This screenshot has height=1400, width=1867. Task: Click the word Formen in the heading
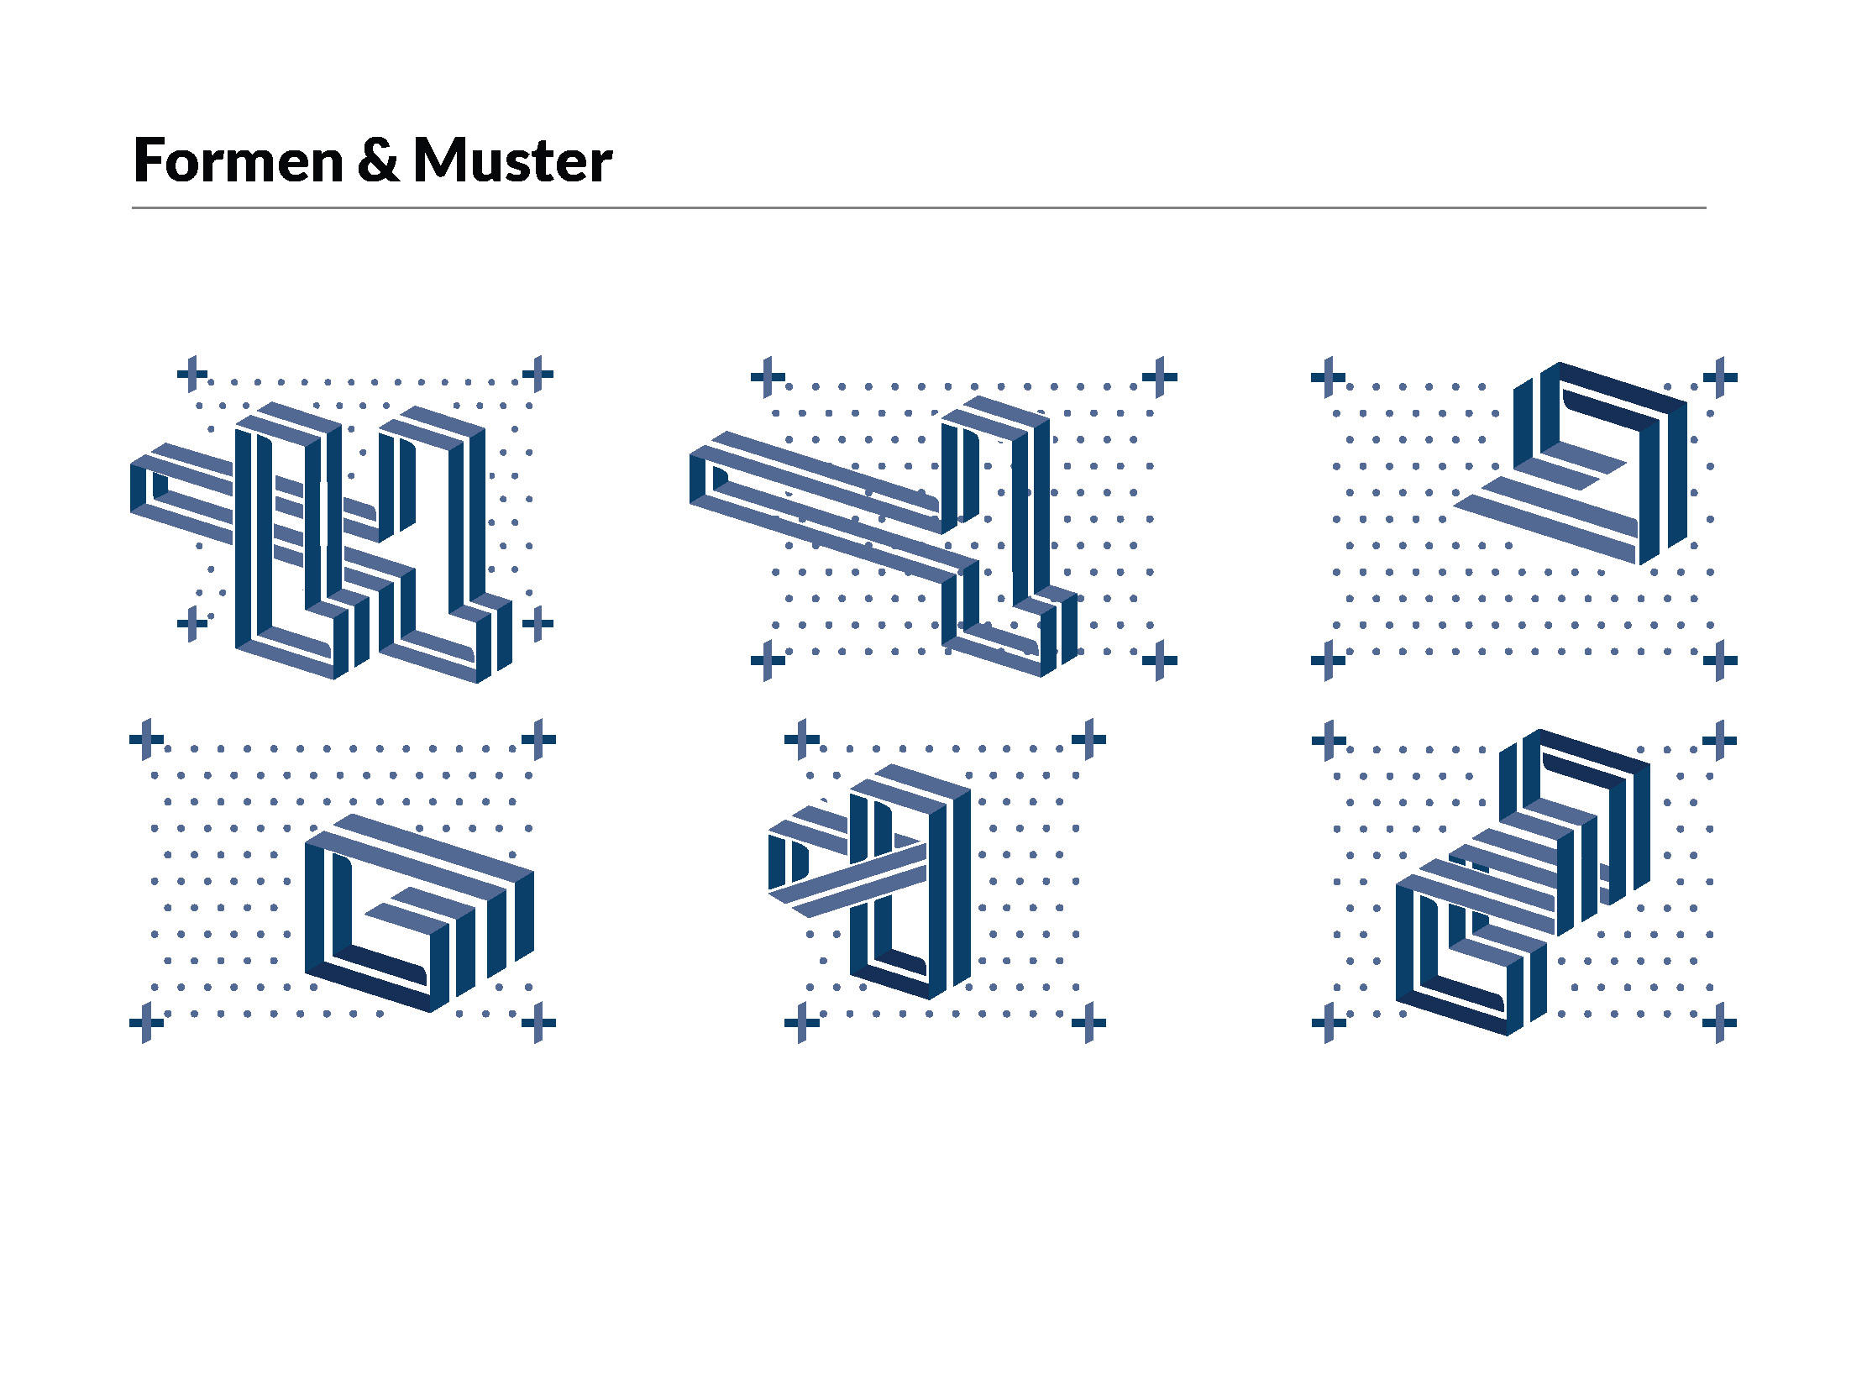pyautogui.click(x=238, y=160)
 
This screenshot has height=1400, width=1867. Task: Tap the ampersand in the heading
pyautogui.click(x=377, y=160)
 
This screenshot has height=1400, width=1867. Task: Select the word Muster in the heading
pyautogui.click(x=512, y=160)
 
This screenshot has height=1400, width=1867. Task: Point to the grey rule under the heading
pyautogui.click(x=918, y=207)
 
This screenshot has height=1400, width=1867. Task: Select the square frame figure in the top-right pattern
pyautogui.click(x=1586, y=464)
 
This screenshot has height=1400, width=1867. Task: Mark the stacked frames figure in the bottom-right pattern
pyautogui.click(x=1519, y=886)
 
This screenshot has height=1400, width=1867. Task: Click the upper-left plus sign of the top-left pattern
pyautogui.click(x=192, y=373)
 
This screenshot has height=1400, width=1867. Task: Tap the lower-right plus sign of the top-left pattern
pyautogui.click(x=538, y=625)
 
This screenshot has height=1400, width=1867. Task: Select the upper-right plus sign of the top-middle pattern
pyautogui.click(x=1160, y=376)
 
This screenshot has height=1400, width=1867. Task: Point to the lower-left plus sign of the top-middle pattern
pyautogui.click(x=768, y=660)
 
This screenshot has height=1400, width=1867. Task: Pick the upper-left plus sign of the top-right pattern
pyautogui.click(x=1328, y=376)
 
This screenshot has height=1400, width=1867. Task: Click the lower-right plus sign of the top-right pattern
pyautogui.click(x=1720, y=660)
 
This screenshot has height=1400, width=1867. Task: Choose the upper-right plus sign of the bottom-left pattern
pyautogui.click(x=538, y=739)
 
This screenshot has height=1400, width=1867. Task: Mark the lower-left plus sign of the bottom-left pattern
pyautogui.click(x=146, y=1023)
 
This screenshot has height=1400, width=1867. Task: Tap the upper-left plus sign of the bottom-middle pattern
pyautogui.click(x=802, y=739)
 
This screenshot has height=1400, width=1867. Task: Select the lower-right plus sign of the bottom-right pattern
pyautogui.click(x=1719, y=1023)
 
